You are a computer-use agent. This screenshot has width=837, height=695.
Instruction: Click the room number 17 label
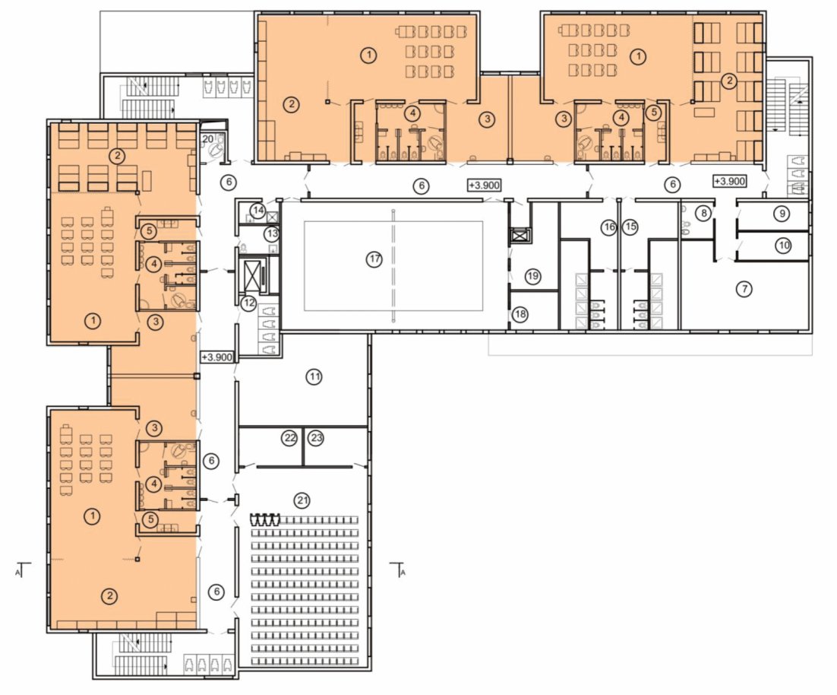click(374, 259)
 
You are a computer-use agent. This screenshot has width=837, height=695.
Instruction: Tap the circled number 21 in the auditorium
click(302, 500)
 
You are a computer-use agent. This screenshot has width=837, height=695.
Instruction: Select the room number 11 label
click(314, 376)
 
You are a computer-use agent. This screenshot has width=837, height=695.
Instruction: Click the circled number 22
click(290, 438)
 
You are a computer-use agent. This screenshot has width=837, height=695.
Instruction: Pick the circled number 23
click(317, 438)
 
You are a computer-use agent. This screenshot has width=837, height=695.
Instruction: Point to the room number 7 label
click(744, 289)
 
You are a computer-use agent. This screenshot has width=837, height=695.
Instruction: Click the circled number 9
click(782, 214)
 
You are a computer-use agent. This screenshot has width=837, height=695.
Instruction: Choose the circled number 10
click(784, 246)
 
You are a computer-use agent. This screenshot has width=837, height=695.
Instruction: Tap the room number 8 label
click(704, 213)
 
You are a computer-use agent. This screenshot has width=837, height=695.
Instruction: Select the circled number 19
click(532, 276)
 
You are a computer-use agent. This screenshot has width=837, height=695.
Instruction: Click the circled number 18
click(520, 314)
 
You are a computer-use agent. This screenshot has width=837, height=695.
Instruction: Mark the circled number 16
click(609, 227)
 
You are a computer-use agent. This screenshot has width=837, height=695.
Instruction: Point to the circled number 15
click(630, 227)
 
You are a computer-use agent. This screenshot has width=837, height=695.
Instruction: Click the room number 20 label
click(207, 139)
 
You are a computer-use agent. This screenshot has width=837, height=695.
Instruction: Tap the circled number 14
click(258, 210)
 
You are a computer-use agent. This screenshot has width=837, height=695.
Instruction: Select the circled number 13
click(272, 233)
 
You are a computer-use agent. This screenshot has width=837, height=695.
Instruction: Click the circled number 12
click(249, 303)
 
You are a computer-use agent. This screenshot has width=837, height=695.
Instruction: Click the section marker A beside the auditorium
click(398, 570)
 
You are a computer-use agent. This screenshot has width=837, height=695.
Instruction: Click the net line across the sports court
click(393, 266)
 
